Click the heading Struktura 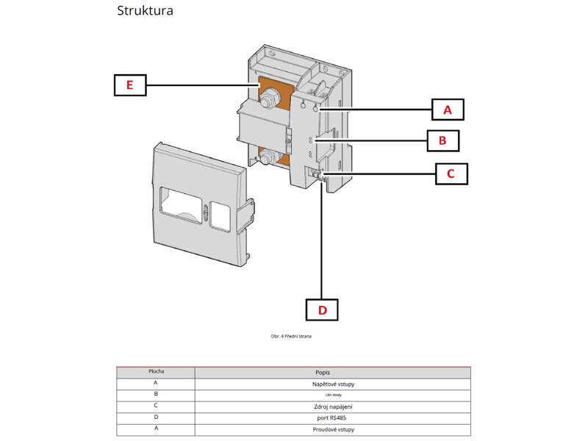(x=145, y=12)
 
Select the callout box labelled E (x=129, y=85)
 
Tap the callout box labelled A (x=447, y=110)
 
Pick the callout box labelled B (x=442, y=140)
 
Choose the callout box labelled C (x=450, y=173)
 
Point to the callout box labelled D (x=322, y=309)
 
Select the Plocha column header (x=156, y=372)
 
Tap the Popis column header (x=332, y=373)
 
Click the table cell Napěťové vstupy (x=332, y=384)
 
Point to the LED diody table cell (x=332, y=395)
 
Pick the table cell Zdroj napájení (x=332, y=406)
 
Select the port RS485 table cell (x=332, y=417)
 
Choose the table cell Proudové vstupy (x=332, y=429)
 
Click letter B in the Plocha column (x=156, y=395)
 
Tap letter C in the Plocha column (x=156, y=406)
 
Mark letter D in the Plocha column (x=156, y=417)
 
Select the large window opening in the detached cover (x=182, y=208)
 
